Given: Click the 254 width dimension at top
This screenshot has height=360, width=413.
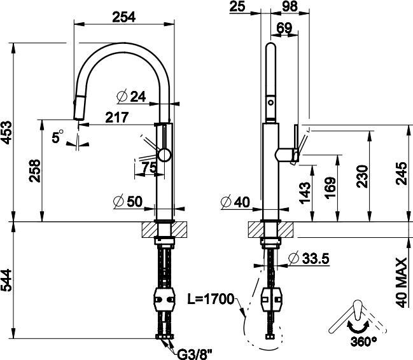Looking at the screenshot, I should pyautogui.click(x=125, y=17).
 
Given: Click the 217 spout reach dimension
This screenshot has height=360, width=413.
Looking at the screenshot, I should pyautogui.click(x=118, y=118).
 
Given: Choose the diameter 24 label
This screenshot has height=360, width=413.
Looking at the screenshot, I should pyautogui.click(x=132, y=97).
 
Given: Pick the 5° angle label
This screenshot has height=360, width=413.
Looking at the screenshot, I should pyautogui.click(x=58, y=136).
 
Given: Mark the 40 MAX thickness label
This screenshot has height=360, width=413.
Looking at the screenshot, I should pyautogui.click(x=402, y=282).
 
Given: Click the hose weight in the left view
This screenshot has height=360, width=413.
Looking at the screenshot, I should pyautogui.click(x=164, y=297).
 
